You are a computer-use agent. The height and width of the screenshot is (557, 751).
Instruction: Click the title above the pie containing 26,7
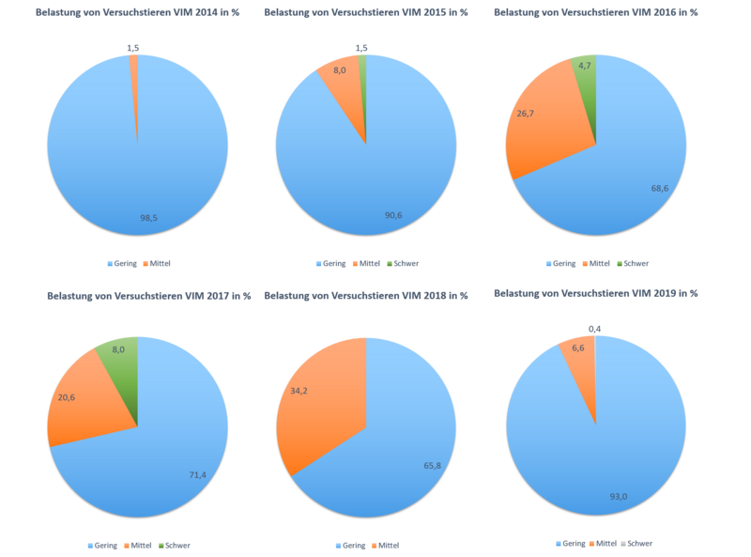(x=596, y=12)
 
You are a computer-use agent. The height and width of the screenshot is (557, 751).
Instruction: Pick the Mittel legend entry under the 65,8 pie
(x=389, y=545)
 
